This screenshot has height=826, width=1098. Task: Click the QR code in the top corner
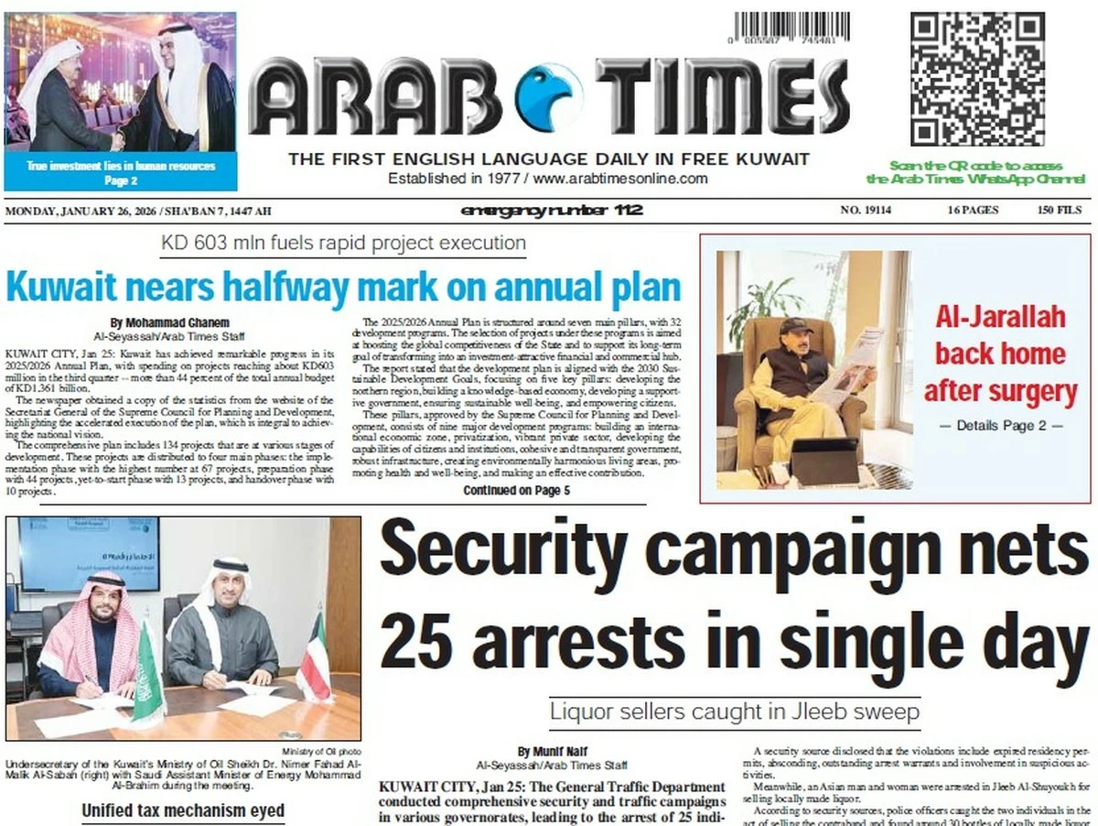[977, 80]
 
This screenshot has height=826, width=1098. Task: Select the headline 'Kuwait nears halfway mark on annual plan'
[343, 287]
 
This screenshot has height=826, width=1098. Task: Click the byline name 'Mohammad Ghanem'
[169, 323]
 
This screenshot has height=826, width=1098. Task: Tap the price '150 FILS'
[1060, 212]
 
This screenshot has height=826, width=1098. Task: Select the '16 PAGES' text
[973, 212]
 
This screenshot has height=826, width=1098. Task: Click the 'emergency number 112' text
[552, 212]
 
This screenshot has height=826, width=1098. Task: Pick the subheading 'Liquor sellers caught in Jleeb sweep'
[734, 711]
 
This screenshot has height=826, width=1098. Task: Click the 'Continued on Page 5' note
[516, 491]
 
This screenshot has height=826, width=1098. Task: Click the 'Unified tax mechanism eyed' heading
[183, 810]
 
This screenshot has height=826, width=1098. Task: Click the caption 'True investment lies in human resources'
[121, 166]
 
